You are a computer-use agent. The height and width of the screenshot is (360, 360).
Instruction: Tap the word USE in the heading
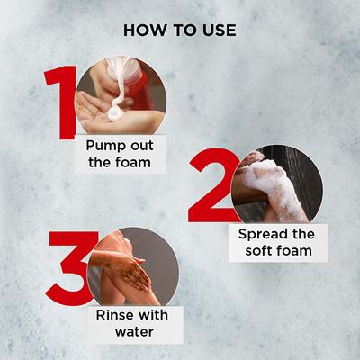click(x=219, y=31)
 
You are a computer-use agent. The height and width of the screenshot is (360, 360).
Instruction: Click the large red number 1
click(x=61, y=103)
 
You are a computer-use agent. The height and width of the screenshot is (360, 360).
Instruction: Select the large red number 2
click(x=213, y=187)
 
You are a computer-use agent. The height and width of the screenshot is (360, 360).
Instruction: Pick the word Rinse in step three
click(x=113, y=315)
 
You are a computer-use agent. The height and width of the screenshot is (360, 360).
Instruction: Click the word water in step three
click(x=134, y=331)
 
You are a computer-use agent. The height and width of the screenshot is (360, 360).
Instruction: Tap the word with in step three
click(x=151, y=315)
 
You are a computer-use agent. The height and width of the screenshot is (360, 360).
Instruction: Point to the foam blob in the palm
click(x=114, y=113)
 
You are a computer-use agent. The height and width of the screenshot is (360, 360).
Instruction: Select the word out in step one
click(x=142, y=146)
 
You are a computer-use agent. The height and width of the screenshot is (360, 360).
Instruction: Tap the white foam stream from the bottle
click(x=120, y=87)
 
